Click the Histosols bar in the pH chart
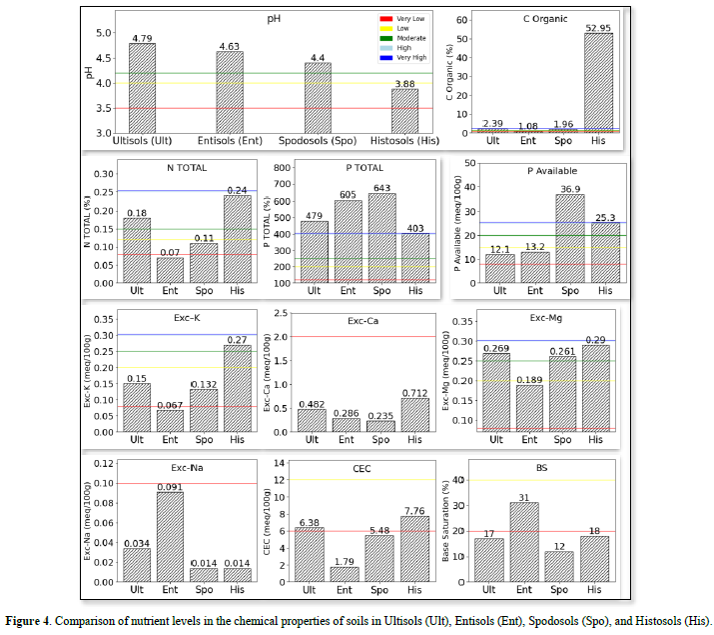[x=404, y=111]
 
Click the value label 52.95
[x=599, y=28]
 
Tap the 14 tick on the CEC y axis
[x=281, y=465]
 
